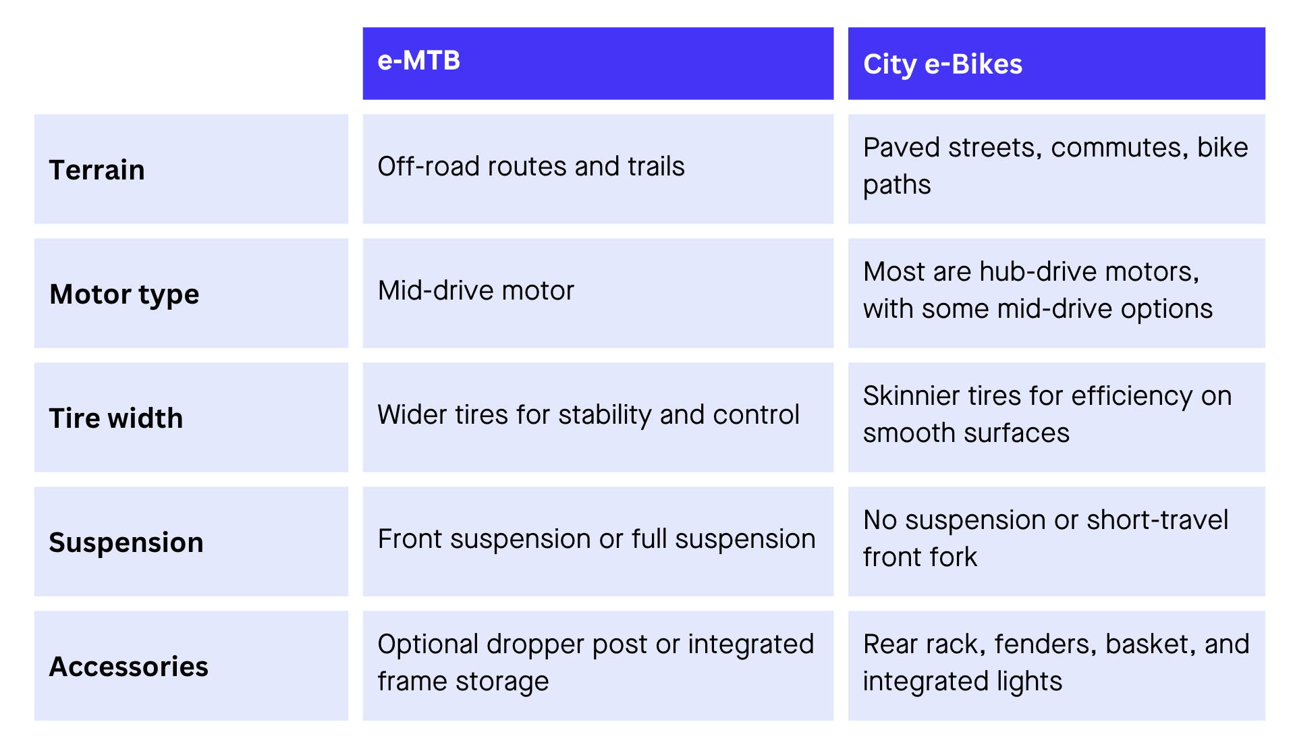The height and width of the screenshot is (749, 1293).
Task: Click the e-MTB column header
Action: coord(418,61)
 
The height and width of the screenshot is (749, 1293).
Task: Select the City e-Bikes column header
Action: coord(942,65)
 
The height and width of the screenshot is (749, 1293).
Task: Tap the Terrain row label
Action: coord(97,170)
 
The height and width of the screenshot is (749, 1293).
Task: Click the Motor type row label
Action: coord(124,294)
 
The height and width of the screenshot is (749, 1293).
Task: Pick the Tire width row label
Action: coord(115,418)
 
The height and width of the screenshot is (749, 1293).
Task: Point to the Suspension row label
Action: coord(126,543)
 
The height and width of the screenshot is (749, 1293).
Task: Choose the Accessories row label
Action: coord(128,667)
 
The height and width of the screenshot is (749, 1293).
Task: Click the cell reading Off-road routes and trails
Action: coord(530,167)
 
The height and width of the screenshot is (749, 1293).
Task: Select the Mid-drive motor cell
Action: coord(476,291)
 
